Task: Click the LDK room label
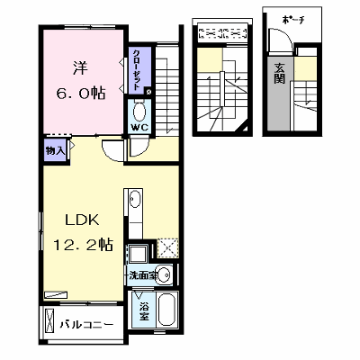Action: (x=82, y=220)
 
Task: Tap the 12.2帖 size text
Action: (x=83, y=245)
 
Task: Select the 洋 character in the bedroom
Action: (x=80, y=68)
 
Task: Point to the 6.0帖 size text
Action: (x=80, y=93)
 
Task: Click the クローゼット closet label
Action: (x=137, y=69)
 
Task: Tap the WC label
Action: (x=139, y=127)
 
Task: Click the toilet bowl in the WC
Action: (x=139, y=111)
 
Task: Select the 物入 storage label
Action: (x=55, y=151)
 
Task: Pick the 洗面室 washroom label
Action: (x=142, y=275)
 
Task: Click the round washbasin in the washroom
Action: (x=165, y=274)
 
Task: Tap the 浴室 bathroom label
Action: (x=144, y=312)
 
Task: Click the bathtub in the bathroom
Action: (x=166, y=310)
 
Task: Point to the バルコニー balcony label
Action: (x=86, y=325)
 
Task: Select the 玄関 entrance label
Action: (x=280, y=74)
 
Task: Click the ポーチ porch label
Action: (x=293, y=20)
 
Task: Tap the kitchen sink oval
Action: (x=135, y=200)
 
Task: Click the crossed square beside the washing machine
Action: (x=167, y=248)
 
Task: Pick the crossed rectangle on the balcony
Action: (x=49, y=319)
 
